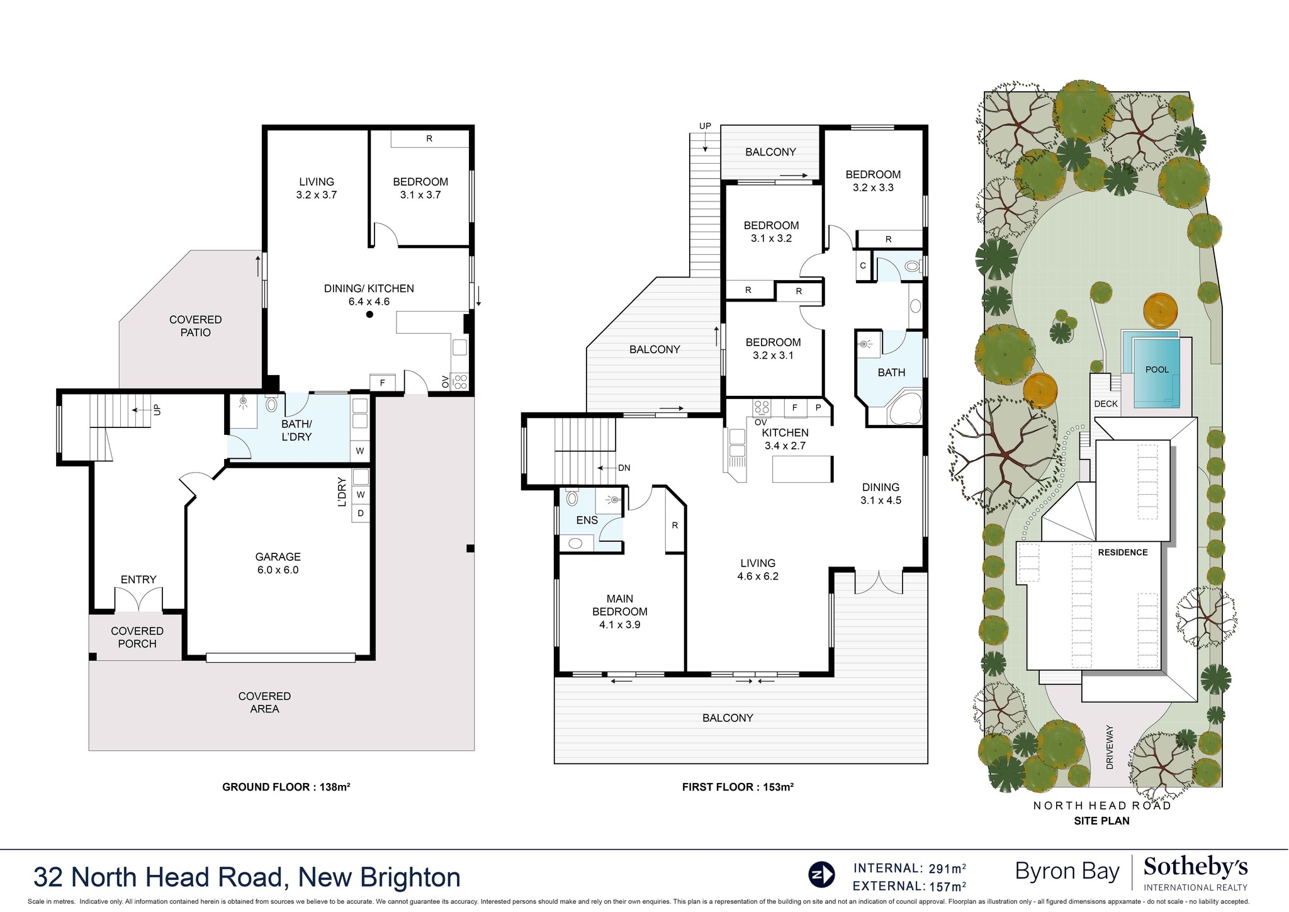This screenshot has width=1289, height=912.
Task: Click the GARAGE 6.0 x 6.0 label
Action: pos(278,563)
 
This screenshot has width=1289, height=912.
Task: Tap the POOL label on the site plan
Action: pos(1157,369)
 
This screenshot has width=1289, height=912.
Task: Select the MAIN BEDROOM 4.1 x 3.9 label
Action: pos(619,611)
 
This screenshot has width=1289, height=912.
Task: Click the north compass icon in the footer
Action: pos(821,874)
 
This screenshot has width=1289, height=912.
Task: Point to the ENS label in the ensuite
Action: pos(587,520)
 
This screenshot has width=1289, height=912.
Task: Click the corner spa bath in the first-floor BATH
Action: pos(904,408)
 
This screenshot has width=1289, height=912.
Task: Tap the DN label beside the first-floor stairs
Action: pos(624,468)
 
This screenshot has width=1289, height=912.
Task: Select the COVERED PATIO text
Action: pos(195,326)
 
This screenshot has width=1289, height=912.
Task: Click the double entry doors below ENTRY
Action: pos(138,599)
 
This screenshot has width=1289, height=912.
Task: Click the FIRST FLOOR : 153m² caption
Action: pos(738,787)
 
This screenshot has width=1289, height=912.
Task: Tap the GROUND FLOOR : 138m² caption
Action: pos(286,787)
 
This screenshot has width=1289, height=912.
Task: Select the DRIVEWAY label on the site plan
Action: pos(1109,746)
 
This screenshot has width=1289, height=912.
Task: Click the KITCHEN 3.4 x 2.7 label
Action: pos(785,439)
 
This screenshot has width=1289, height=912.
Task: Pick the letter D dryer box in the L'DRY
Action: pos(361,513)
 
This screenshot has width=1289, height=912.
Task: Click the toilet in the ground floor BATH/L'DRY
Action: pos(271,403)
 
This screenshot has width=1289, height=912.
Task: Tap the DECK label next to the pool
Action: pos(1106,403)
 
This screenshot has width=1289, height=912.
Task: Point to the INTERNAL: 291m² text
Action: pos(909,869)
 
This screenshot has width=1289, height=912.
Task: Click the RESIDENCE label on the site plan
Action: pos(1123,552)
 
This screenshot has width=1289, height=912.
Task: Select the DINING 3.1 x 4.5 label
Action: pos(881,493)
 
